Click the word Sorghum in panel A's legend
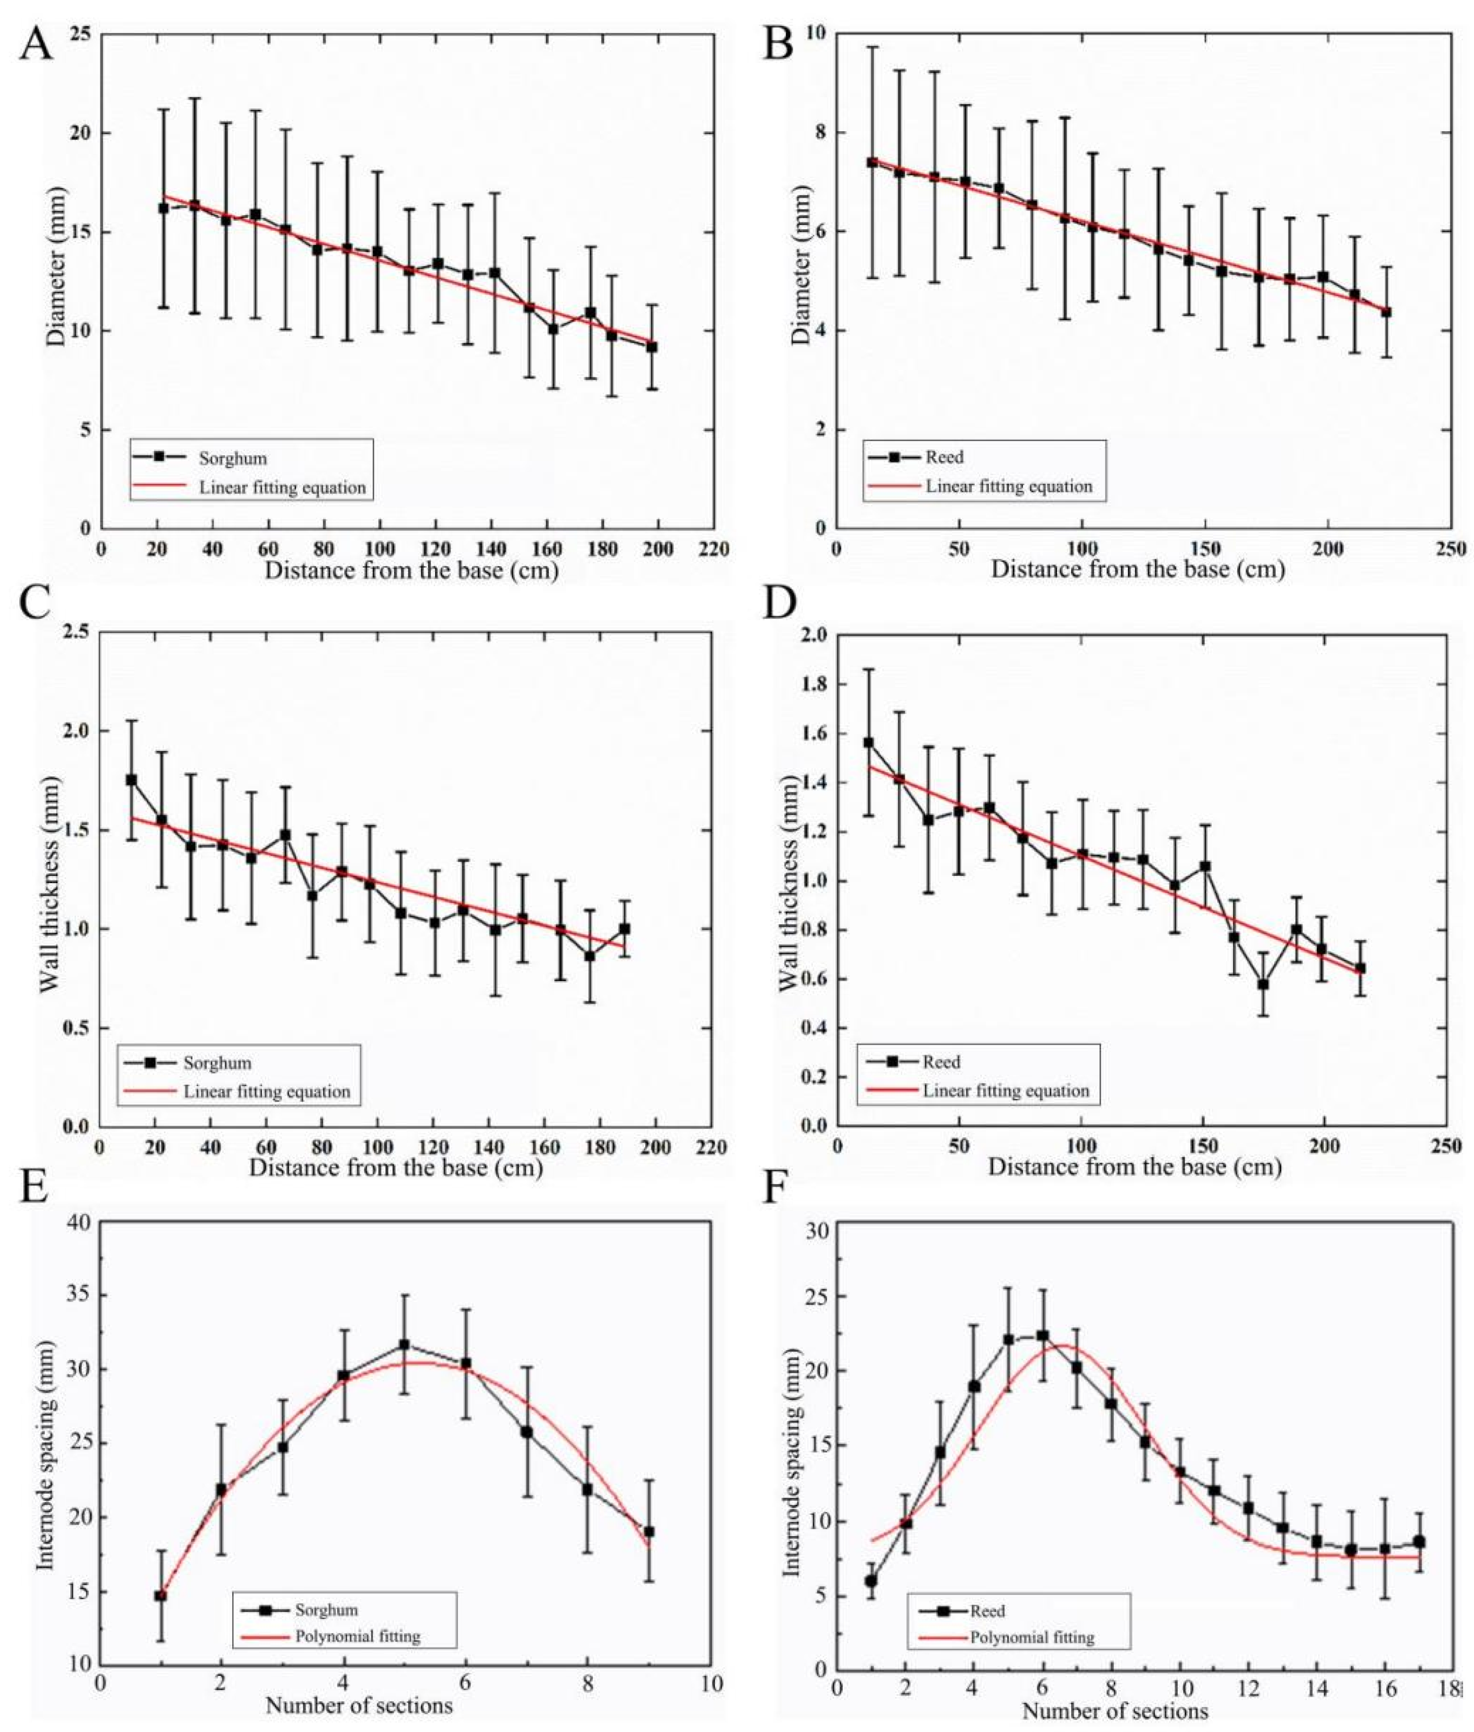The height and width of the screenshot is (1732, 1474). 233,458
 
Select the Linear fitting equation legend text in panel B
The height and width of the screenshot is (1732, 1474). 1009,486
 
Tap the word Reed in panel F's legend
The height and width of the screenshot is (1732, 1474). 988,1611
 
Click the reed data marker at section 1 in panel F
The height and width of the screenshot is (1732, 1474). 871,1580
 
